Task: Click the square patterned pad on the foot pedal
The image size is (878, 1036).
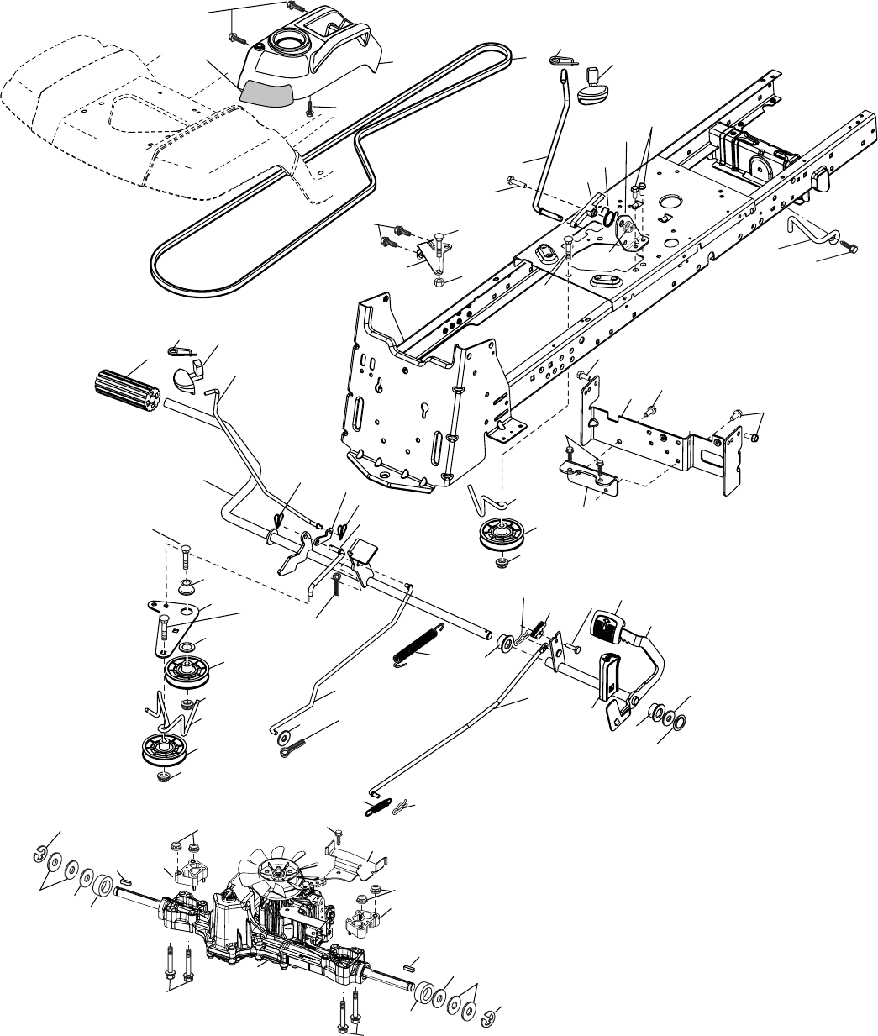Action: pos(606,627)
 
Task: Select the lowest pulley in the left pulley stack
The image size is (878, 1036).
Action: pos(162,749)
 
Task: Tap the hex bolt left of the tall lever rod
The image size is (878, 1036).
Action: pos(515,181)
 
